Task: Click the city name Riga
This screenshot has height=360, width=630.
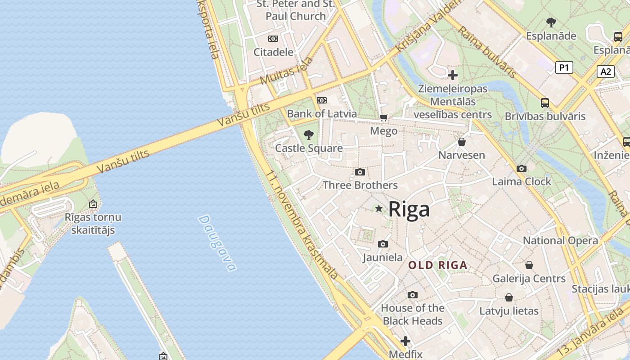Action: [409, 209]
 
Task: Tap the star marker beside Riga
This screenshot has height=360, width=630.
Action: [379, 209]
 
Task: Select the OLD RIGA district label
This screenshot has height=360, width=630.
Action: [438, 265]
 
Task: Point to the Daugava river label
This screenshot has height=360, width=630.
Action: [217, 243]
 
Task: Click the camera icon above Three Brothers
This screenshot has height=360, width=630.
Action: [360, 172]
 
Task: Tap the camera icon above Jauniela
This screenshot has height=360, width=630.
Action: [382, 244]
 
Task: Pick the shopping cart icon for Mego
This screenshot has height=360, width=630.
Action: [383, 118]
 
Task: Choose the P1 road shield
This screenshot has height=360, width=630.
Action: [564, 67]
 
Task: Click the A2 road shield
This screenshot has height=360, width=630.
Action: [606, 71]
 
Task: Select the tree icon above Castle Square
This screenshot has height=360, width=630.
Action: [308, 135]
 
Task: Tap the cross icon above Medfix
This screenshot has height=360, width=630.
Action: [405, 341]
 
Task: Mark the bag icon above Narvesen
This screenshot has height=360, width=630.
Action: [461, 142]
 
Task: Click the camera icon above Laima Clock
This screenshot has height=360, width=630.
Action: [521, 169]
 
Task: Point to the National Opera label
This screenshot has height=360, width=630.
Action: [560, 240]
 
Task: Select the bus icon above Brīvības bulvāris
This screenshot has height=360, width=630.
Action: [544, 103]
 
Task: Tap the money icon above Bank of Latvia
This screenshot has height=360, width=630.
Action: [321, 100]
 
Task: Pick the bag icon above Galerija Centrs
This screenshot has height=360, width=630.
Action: [529, 265]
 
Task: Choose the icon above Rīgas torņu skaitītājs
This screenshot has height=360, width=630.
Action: [93, 204]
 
